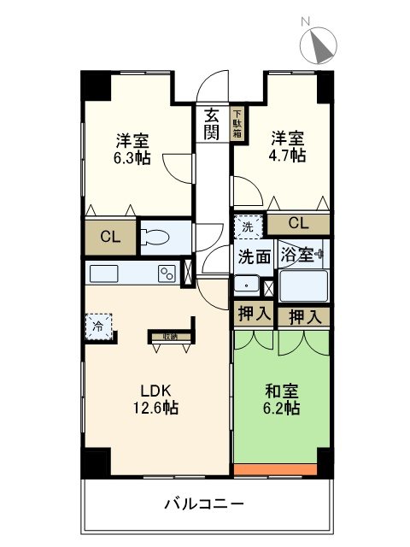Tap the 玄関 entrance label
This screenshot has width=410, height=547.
(211, 123)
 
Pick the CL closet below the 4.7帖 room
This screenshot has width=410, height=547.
(297, 224)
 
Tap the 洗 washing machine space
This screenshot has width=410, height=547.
(247, 227)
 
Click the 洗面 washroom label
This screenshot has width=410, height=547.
(254, 256)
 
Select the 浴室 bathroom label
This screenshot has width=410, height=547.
(298, 255)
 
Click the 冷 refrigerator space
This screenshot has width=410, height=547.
(99, 326)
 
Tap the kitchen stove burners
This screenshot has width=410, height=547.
(166, 273)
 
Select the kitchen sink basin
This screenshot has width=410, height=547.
(105, 273)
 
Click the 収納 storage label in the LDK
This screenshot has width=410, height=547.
(165, 336)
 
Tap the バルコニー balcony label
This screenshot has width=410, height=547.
(204, 503)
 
